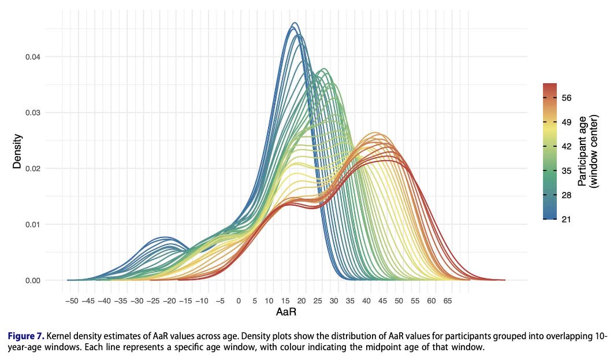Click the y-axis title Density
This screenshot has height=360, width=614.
pos(18,151)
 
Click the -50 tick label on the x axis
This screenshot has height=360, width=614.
pos(72,300)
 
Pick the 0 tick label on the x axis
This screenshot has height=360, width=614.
pos(239,300)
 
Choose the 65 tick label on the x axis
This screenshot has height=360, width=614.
pos(448,300)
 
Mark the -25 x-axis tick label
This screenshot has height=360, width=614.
pos(153,300)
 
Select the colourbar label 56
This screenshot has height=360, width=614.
pos(566,98)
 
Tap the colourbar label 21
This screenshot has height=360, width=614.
pos(566,219)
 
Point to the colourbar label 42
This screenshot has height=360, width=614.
pos(566,147)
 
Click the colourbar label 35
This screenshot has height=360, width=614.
pos(566,171)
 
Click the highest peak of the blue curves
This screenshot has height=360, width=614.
pos(295,23)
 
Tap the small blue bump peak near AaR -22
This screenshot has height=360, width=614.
pos(166,237)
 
